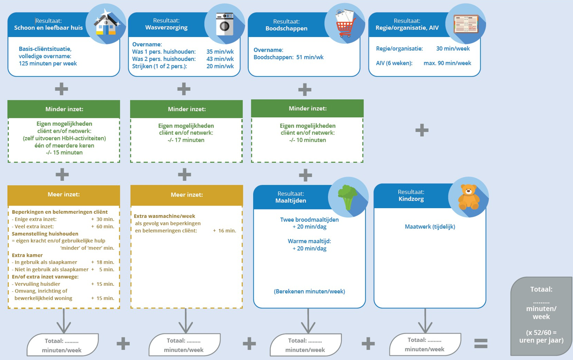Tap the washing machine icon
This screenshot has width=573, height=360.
click(225, 24)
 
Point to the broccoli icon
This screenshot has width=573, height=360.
click(348, 197)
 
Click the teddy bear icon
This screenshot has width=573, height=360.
click(468, 197)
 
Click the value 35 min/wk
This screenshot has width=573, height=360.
click(220, 52)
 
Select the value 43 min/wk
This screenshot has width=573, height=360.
click(220, 59)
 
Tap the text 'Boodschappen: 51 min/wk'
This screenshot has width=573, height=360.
click(288, 57)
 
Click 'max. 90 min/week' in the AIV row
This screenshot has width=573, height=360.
click(447, 63)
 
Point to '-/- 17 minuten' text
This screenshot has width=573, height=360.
click(186, 140)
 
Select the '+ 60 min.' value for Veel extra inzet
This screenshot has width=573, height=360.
click(102, 226)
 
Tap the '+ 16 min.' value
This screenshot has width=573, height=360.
click(225, 230)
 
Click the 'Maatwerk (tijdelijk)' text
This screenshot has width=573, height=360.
click(430, 227)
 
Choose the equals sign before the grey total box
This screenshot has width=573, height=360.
click(480, 344)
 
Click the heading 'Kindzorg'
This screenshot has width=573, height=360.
click(411, 199)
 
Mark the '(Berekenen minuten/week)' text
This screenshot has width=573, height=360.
click(309, 292)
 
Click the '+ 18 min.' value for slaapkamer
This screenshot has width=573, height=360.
click(102, 262)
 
